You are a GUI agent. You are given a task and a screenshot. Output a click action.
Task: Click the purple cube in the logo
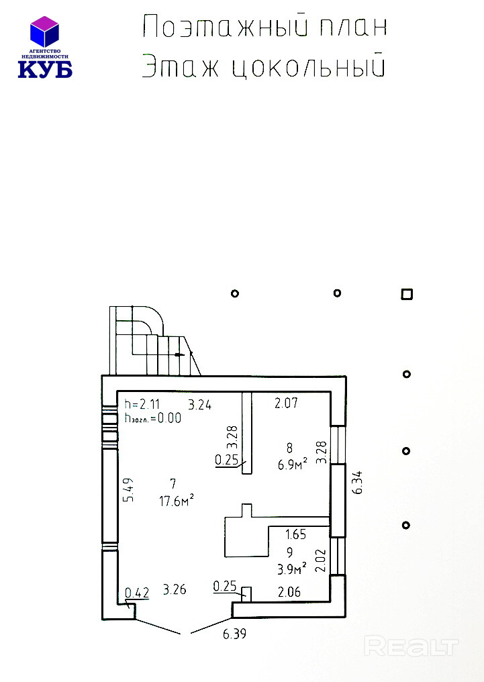click(44, 32)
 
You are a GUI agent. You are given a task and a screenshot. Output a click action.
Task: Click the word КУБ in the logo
click(45, 69)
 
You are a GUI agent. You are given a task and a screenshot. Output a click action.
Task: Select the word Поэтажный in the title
click(226, 27)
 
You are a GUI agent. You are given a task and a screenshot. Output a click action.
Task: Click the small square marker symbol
click(407, 295)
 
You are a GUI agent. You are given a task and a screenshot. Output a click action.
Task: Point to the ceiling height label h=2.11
click(142, 404)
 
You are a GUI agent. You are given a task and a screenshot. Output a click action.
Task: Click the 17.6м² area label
click(176, 501)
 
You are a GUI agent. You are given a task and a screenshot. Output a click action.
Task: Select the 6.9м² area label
click(292, 465)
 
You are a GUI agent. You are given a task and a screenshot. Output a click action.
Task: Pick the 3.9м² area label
click(292, 569)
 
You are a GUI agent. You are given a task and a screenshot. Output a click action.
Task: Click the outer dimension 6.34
click(358, 483)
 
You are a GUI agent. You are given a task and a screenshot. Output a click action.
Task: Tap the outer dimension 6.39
click(235, 634)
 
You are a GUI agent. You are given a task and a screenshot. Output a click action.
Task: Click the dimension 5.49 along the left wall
click(128, 490)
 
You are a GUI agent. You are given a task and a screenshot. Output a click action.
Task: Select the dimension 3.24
click(199, 405)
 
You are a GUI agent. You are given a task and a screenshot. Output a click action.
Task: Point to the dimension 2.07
click(286, 403)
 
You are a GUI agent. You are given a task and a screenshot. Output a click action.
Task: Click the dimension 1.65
click(296, 534)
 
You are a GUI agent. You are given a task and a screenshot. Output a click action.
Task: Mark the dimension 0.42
click(137, 593)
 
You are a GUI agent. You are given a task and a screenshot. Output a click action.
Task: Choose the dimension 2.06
click(289, 591)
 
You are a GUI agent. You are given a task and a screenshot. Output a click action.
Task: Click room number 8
click(289, 447)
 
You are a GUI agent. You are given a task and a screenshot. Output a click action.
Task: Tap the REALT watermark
click(411, 646)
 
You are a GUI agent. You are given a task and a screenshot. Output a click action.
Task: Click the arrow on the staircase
click(179, 355)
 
